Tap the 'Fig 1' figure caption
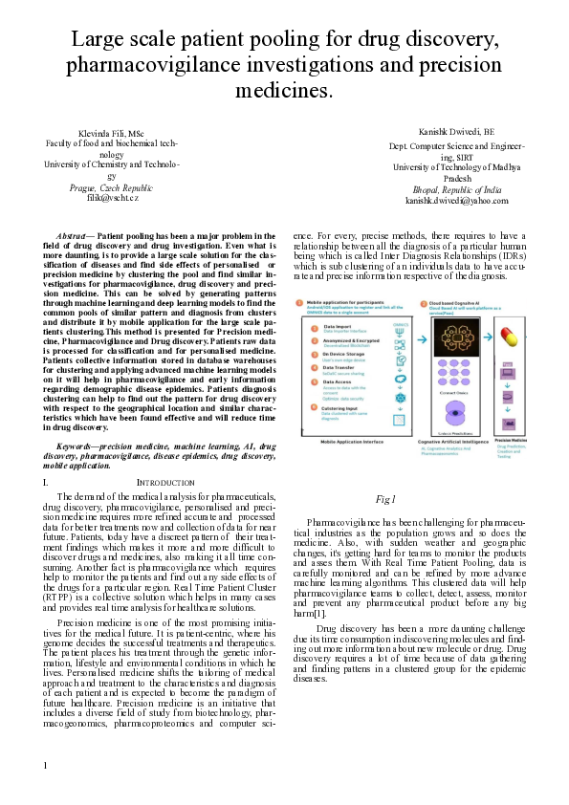point(386,499)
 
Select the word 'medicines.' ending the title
point(284,90)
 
